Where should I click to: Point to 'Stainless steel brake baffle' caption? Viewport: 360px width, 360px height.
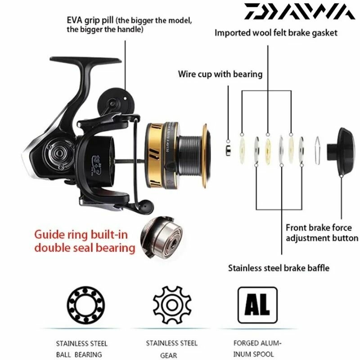point(279,268)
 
